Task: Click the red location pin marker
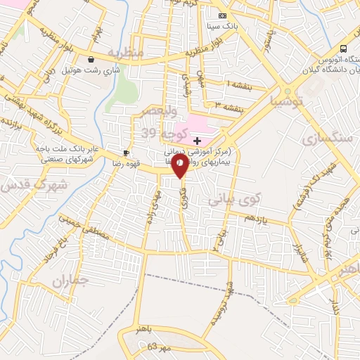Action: click(181, 167)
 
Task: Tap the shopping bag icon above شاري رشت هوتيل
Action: click(93, 60)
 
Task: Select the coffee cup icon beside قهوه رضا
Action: click(127, 152)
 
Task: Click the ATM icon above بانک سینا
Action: click(223, 15)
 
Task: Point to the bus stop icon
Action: click(343, 49)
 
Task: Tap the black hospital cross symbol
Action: click(197, 141)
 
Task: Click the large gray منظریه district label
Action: click(130, 53)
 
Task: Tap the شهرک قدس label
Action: click(23, 185)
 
